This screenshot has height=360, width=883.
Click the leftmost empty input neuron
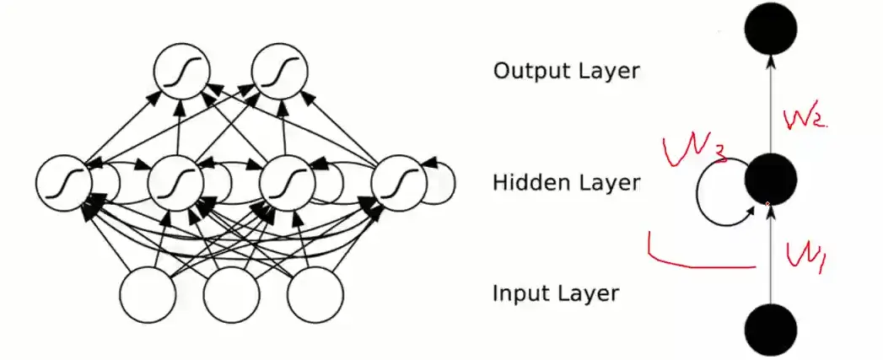click(x=148, y=294)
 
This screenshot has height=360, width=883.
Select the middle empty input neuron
click(x=230, y=294)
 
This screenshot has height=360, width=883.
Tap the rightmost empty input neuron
click(x=315, y=294)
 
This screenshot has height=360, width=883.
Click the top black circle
click(x=770, y=29)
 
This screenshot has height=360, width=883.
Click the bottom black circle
click(x=770, y=329)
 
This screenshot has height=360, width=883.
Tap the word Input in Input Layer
click(x=520, y=294)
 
